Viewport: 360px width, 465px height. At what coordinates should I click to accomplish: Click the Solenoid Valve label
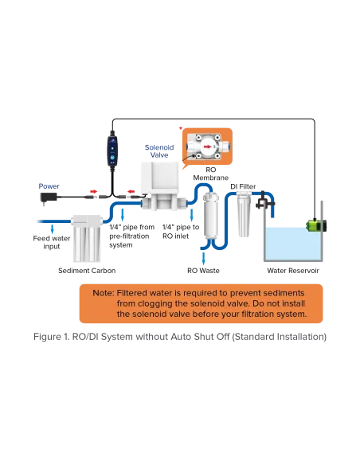coord(159,151)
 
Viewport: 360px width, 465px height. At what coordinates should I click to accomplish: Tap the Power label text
coord(49,186)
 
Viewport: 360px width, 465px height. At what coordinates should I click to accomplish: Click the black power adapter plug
coord(49,197)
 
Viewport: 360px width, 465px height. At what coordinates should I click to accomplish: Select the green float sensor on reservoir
coord(316,225)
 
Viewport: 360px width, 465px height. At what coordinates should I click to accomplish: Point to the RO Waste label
coord(203,271)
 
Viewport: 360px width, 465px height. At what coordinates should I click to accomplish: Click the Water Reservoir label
coord(293,271)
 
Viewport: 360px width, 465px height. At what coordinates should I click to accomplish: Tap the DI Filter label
coord(243,186)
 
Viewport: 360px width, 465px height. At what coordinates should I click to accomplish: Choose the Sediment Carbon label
coord(87,271)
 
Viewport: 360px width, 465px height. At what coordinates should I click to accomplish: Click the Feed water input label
coord(52,242)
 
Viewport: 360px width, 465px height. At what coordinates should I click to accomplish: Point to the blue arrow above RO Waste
coord(203,258)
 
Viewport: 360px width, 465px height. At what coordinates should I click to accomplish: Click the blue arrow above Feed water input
coord(53,229)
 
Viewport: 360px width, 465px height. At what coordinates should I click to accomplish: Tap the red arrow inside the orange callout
coord(208,147)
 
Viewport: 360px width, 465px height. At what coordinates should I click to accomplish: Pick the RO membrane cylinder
coord(210,216)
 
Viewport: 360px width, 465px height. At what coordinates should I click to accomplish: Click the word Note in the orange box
coord(104,293)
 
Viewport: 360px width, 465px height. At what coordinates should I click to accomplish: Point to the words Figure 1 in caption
coord(52,337)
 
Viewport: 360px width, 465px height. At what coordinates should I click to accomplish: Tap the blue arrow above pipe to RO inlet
coord(192,215)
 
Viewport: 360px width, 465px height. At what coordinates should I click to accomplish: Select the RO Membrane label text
coord(211,174)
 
